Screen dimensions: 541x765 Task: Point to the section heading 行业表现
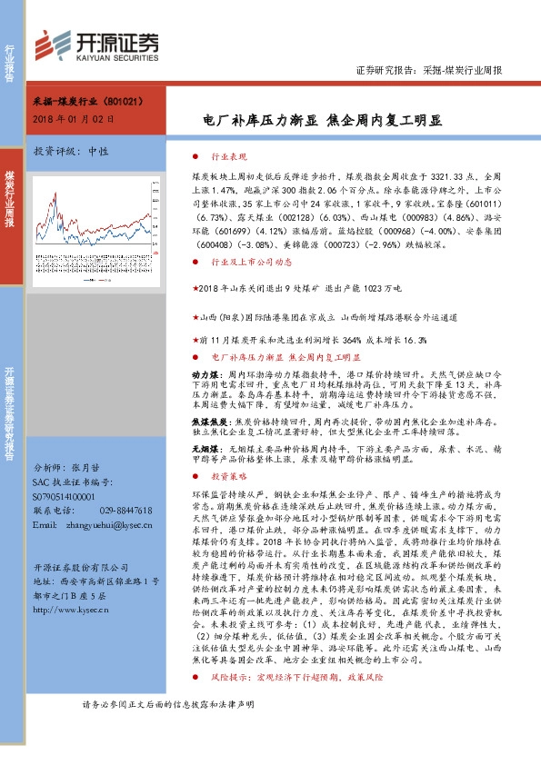[228, 156]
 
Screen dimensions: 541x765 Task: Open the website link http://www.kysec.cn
[69, 611]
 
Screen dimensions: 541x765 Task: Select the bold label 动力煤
[204, 373]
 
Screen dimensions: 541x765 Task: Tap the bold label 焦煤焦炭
[207, 422]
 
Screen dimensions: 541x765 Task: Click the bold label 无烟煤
[204, 448]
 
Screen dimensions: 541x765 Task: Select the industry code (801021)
[117, 104]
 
